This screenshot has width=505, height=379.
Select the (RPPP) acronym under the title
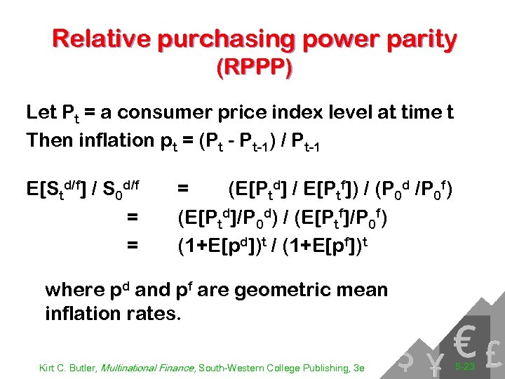click(x=255, y=68)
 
